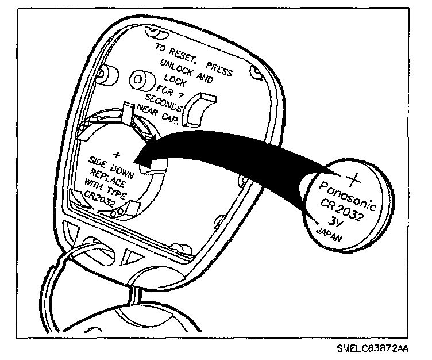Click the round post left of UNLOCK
[140, 79]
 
